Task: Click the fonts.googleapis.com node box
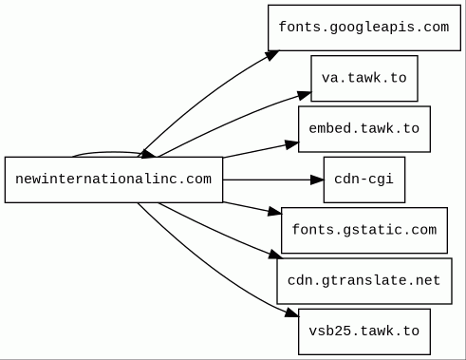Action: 364,28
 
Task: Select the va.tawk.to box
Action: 364,78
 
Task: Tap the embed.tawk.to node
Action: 364,129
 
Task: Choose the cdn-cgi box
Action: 364,180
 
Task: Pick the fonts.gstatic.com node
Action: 364,230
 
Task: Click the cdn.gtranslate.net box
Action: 364,281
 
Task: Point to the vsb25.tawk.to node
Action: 364,332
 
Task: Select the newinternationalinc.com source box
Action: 114,180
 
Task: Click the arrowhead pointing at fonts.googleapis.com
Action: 272,55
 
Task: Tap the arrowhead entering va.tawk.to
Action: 305,95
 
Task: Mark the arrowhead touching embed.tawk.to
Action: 291,144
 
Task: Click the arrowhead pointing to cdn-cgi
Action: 317,180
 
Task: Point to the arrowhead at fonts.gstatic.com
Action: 274,212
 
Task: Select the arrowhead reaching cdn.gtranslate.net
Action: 275,255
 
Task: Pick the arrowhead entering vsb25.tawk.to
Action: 291,313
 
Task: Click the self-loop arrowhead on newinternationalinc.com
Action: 148,154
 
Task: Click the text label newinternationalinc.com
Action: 114,180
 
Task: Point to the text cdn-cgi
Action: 364,180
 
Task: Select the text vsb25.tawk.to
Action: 364,332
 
